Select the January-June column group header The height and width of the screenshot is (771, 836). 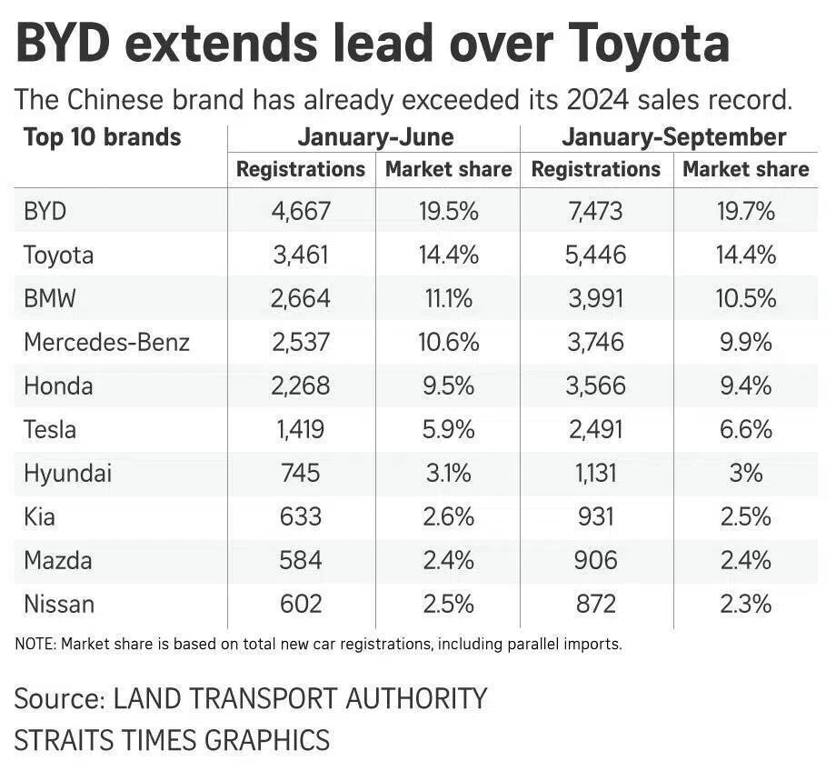pyautogui.click(x=375, y=138)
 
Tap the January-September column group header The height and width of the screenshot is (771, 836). pyautogui.click(x=673, y=138)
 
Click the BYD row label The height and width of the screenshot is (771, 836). pyautogui.click(x=45, y=212)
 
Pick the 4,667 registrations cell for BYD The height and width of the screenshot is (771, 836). pyautogui.click(x=301, y=212)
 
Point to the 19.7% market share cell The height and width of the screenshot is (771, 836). pyautogui.click(x=745, y=212)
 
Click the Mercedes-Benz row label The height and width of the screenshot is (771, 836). pyautogui.click(x=107, y=342)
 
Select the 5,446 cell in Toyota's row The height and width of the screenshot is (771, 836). pyautogui.click(x=596, y=255)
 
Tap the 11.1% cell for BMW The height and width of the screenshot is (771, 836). pyautogui.click(x=449, y=298)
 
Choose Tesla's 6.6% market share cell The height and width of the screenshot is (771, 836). pyautogui.click(x=745, y=429)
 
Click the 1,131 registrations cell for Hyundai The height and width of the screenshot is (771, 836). pyautogui.click(x=596, y=473)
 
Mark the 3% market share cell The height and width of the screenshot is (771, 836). pyautogui.click(x=745, y=473)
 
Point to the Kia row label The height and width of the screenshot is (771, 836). pyautogui.click(x=39, y=516)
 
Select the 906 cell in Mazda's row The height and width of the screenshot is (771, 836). pyautogui.click(x=596, y=560)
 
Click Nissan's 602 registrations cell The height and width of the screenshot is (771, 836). pyautogui.click(x=301, y=604)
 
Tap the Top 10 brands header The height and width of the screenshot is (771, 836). pyautogui.click(x=102, y=138)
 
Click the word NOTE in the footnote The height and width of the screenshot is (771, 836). pyautogui.click(x=35, y=645)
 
